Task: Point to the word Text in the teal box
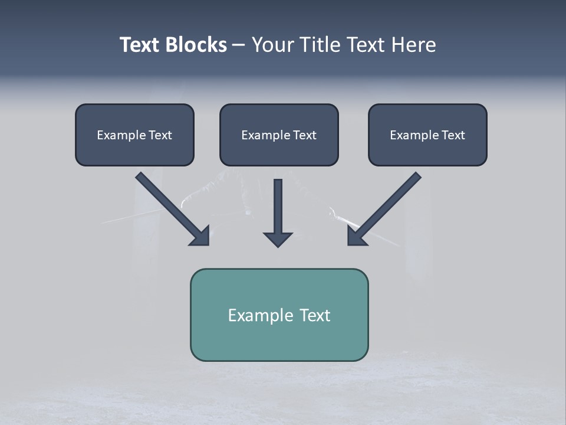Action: pos(315,315)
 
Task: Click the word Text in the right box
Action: pos(453,135)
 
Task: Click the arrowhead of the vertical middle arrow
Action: pos(278,239)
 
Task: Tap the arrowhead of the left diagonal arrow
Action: pos(200,236)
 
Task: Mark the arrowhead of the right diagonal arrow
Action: pos(357,236)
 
